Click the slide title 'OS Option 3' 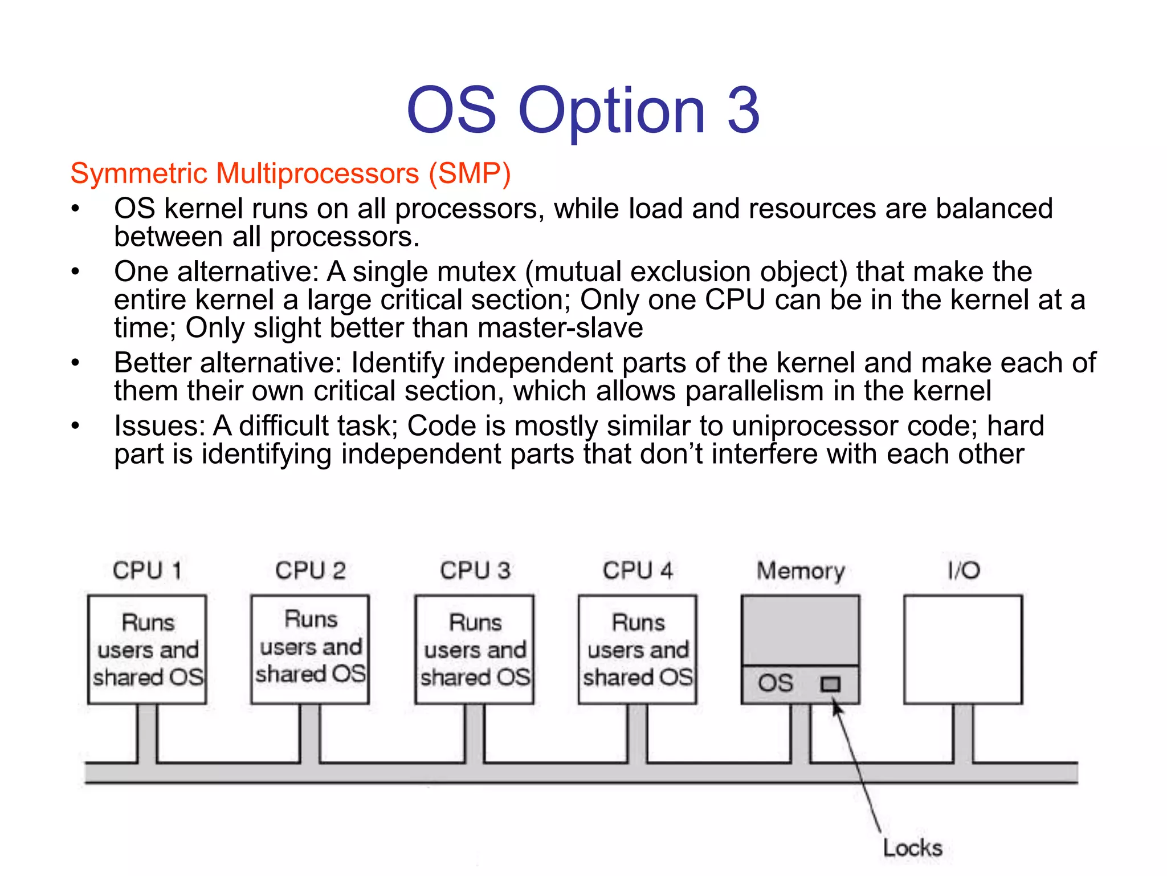coord(583,109)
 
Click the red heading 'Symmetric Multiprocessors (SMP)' coord(290,173)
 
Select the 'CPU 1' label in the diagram coord(147,570)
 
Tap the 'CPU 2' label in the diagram coord(310,570)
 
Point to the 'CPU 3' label coord(475,570)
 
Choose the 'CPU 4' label coord(638,570)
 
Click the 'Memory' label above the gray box coord(801,571)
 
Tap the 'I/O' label coord(964,570)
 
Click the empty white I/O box coord(963,650)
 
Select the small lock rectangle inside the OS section coord(830,684)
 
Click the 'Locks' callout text coord(912,848)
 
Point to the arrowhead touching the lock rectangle coord(836,708)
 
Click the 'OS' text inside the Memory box coord(775,683)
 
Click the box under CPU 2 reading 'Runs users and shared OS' coord(310,649)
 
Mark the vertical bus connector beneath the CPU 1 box coord(147,733)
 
